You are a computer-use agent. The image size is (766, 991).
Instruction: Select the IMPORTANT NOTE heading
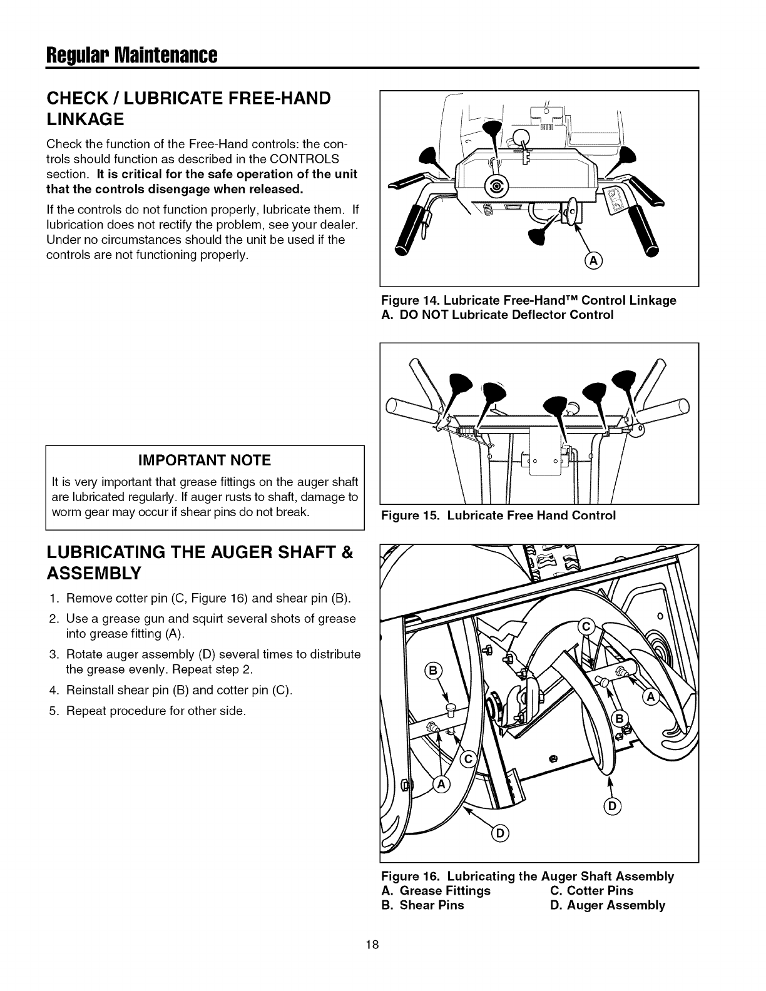click(205, 460)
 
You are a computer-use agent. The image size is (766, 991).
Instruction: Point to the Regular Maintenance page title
click(131, 56)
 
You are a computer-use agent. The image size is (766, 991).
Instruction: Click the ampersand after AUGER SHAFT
click(348, 553)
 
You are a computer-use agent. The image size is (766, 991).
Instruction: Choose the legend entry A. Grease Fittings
click(436, 890)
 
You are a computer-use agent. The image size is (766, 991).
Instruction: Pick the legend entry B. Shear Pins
click(422, 905)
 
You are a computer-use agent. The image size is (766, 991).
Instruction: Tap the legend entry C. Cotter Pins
click(591, 890)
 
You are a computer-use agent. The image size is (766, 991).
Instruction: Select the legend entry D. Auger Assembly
click(608, 905)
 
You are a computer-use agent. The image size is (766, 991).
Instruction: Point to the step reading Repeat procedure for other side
click(155, 711)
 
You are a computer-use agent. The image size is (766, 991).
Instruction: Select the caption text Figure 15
click(405, 516)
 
